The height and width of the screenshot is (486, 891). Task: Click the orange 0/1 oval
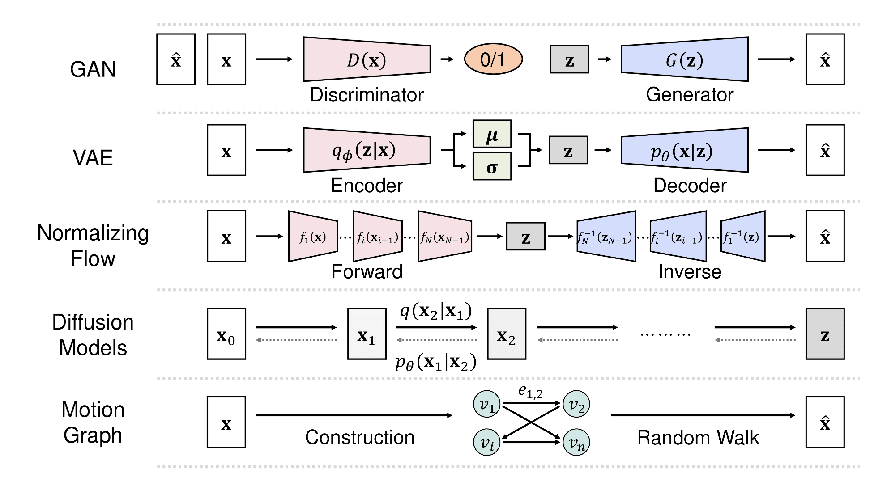pos(493,59)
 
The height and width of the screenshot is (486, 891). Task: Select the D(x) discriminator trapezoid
pos(367,59)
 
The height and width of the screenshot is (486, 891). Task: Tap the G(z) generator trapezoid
pos(685,59)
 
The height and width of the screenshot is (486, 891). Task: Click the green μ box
pos(492,134)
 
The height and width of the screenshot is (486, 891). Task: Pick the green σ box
pos(492,166)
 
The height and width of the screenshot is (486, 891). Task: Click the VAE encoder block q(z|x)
pos(367,150)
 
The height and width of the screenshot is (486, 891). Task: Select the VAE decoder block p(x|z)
pos(685,150)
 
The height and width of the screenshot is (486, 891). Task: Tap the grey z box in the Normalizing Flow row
pos(525,236)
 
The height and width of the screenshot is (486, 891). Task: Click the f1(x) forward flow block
pos(313,236)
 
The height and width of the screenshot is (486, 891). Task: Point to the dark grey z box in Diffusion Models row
pos(825,334)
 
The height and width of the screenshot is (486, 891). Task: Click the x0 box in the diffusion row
pos(226,334)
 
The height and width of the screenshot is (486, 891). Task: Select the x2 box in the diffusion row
pos(506,334)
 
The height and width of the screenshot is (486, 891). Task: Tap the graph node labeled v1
pos(486,405)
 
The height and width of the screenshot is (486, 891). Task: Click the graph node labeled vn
pos(576,443)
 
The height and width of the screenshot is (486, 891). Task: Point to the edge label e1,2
pos(531,391)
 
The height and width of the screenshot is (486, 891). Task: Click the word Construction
pos(359,437)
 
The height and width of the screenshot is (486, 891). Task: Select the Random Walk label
pos(698,437)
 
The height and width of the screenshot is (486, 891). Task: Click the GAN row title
pos(93,69)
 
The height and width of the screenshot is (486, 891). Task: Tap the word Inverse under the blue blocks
pos(690,272)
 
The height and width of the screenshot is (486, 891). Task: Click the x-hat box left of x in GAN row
pos(175,59)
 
